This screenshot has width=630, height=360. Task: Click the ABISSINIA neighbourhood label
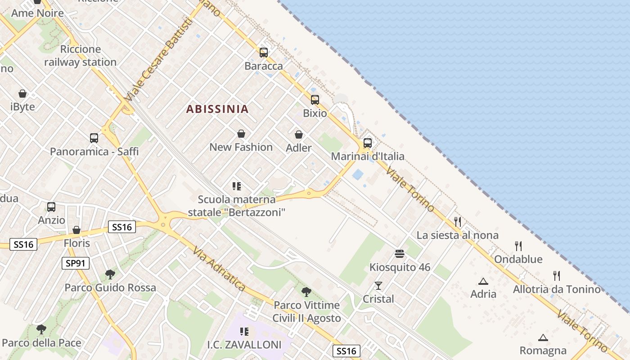pyautogui.click(x=217, y=109)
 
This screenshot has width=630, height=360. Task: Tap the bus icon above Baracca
pyautogui.click(x=264, y=53)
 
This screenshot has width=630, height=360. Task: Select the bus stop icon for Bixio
pyautogui.click(x=315, y=100)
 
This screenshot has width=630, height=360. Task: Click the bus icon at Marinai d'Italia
pyautogui.click(x=368, y=143)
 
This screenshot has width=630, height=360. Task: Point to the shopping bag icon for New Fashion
pyautogui.click(x=241, y=134)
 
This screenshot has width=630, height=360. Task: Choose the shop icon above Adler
pyautogui.click(x=299, y=135)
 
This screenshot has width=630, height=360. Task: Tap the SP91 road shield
pyautogui.click(x=76, y=263)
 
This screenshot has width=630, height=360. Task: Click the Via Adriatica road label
pyautogui.click(x=219, y=269)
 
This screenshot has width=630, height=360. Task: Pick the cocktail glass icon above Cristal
pyautogui.click(x=378, y=286)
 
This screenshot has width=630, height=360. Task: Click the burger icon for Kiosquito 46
pyautogui.click(x=400, y=254)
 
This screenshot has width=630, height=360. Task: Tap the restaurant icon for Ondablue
pyautogui.click(x=518, y=246)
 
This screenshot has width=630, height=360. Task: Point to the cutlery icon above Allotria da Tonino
pyautogui.click(x=557, y=276)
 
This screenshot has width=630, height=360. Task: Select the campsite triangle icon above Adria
pyautogui.click(x=483, y=282)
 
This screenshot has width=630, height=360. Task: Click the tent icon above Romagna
pyautogui.click(x=543, y=337)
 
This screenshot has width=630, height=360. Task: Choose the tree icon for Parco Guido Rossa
pyautogui.click(x=110, y=274)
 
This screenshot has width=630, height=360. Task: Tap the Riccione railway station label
pyautogui.click(x=80, y=56)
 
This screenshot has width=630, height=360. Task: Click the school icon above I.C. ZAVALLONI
pyautogui.click(x=244, y=332)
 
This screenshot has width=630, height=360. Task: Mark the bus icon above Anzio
pyautogui.click(x=51, y=207)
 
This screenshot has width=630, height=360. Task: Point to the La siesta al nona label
pyautogui.click(x=457, y=235)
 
